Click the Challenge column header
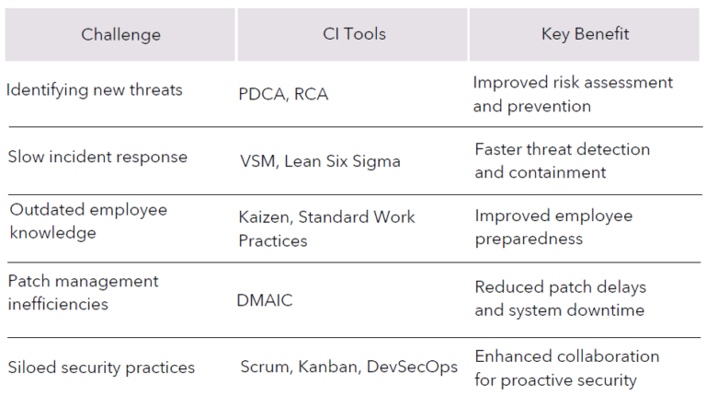tap(120, 35)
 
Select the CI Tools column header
tap(354, 34)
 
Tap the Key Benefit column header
tap(585, 34)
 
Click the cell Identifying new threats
tap(94, 90)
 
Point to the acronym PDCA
tap(264, 94)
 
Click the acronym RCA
tap(311, 94)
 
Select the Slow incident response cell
tap(97, 157)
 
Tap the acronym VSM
tap(258, 161)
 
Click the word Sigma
tap(376, 161)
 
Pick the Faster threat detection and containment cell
tap(562, 160)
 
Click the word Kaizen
tap(266, 217)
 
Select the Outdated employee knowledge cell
tap(88, 221)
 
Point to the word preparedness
tap(529, 239)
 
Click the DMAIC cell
tap(265, 300)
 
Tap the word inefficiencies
tap(58, 304)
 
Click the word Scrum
tap(267, 367)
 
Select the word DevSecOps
tap(412, 367)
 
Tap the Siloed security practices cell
tap(101, 367)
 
